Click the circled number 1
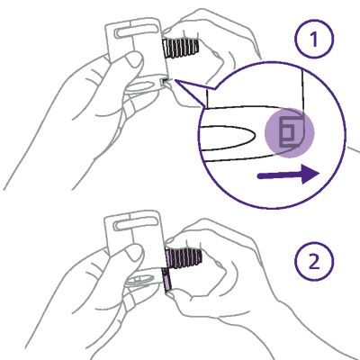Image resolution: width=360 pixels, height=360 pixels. (314, 39)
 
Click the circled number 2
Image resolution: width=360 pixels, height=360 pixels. (314, 261)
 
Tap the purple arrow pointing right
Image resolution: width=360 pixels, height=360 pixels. (288, 175)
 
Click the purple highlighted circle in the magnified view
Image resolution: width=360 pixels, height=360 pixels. (289, 132)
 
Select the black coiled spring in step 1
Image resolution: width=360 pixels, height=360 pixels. (181, 48)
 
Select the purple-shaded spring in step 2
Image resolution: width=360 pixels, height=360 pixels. (184, 257)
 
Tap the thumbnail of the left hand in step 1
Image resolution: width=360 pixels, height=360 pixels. (133, 60)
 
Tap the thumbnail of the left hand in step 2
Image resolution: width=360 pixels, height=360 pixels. (134, 253)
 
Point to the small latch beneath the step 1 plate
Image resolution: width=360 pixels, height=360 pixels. (164, 82)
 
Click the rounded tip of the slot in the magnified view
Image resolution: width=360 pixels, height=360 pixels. (255, 138)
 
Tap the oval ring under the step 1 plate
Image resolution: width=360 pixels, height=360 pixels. (140, 86)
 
